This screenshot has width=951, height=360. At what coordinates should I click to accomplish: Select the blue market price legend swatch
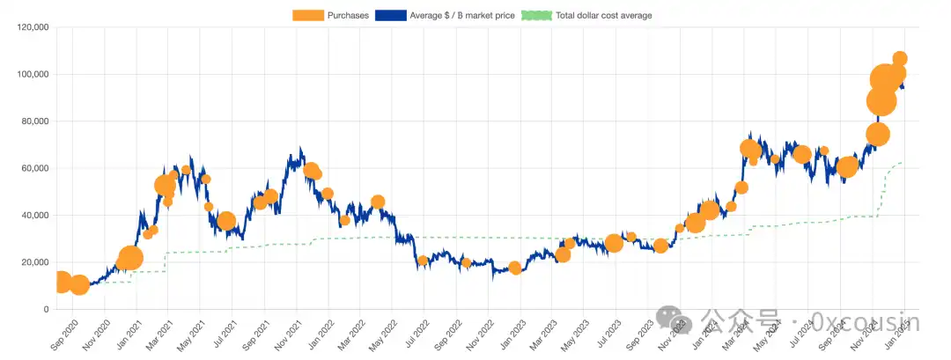tap(391, 15)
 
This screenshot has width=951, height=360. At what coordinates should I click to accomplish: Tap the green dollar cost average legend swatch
tap(537, 15)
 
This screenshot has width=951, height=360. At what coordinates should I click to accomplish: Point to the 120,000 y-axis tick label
tap(30, 27)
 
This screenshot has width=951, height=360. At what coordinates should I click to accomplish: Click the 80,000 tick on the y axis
tap(32, 121)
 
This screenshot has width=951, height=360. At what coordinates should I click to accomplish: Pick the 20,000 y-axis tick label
tap(32, 262)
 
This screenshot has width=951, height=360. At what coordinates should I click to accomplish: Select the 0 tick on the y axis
tap(44, 310)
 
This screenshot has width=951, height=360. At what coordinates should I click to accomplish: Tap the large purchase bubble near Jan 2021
tap(130, 258)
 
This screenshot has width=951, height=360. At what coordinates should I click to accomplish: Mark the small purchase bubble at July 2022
tap(423, 261)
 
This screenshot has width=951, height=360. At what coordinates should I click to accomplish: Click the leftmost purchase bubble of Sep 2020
tap(60, 282)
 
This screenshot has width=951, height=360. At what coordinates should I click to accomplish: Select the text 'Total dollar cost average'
tap(603, 15)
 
